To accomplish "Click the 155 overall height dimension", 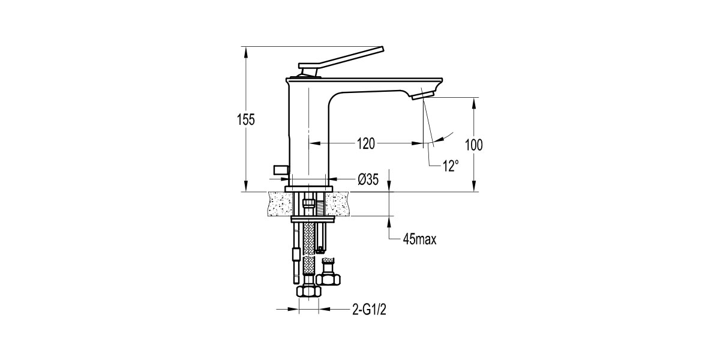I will [x=245, y=119].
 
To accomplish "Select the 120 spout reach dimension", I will [x=365, y=144].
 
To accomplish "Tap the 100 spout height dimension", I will [x=473, y=145].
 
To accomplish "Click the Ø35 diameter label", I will [x=367, y=179].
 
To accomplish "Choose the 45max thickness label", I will [x=418, y=240].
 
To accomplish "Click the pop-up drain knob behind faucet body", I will [x=281, y=170].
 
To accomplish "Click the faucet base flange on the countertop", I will [x=309, y=189].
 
